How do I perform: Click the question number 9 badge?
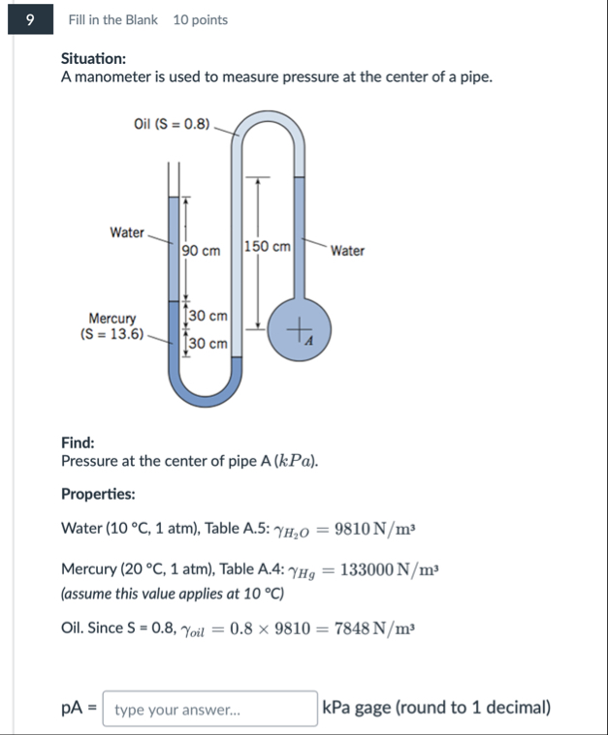click(x=30, y=19)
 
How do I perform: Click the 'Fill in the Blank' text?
click(x=113, y=19)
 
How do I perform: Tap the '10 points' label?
click(x=201, y=19)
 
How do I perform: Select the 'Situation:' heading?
click(x=93, y=58)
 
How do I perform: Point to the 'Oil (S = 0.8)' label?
click(x=172, y=124)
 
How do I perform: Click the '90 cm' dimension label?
click(x=201, y=251)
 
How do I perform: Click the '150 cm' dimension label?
click(x=268, y=247)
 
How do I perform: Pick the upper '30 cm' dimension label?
click(x=208, y=316)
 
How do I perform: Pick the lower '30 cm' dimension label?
click(x=208, y=343)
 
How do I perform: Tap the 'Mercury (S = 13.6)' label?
click(x=112, y=326)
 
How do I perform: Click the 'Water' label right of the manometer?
click(x=347, y=251)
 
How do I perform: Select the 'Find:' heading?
click(x=78, y=443)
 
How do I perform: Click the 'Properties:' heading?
click(x=98, y=494)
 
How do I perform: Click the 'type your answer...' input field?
click(x=209, y=709)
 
